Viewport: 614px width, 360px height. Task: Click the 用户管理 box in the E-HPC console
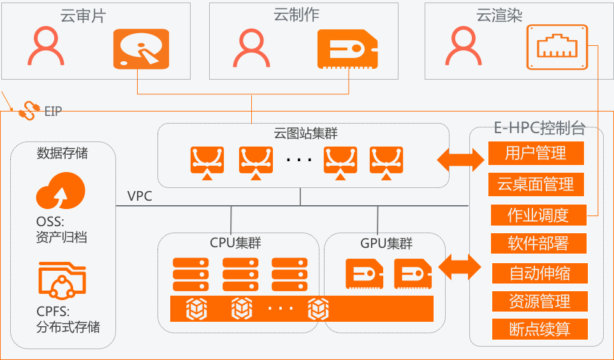pyautogui.click(x=536, y=153)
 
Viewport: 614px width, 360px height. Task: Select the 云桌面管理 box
pyautogui.click(x=536, y=184)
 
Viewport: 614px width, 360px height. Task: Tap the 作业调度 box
pyautogui.click(x=537, y=215)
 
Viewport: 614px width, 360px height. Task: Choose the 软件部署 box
pyautogui.click(x=538, y=243)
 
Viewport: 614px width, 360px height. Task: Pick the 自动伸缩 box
pyautogui.click(x=539, y=273)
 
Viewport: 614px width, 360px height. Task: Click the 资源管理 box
pyautogui.click(x=539, y=301)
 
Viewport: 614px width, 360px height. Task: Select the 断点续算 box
pyautogui.click(x=539, y=329)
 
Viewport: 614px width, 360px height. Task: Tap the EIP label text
pyautogui.click(x=54, y=112)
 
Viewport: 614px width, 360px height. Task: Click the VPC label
pyautogui.click(x=140, y=196)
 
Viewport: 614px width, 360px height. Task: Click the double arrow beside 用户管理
pyautogui.click(x=460, y=158)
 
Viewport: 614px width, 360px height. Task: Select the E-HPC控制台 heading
pyautogui.click(x=539, y=127)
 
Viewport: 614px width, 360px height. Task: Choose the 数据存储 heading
pyautogui.click(x=62, y=154)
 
